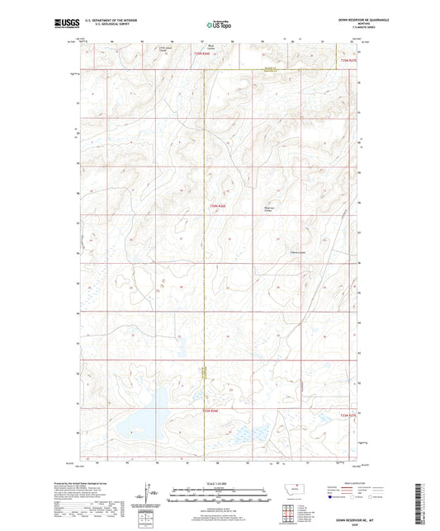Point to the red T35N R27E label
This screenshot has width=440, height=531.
pyautogui.click(x=350, y=59)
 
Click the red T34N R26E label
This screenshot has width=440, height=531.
pyautogui.click(x=217, y=205)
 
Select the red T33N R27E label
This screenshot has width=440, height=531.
pyautogui.click(x=350, y=416)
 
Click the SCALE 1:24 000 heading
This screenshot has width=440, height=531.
pyautogui.click(x=219, y=482)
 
